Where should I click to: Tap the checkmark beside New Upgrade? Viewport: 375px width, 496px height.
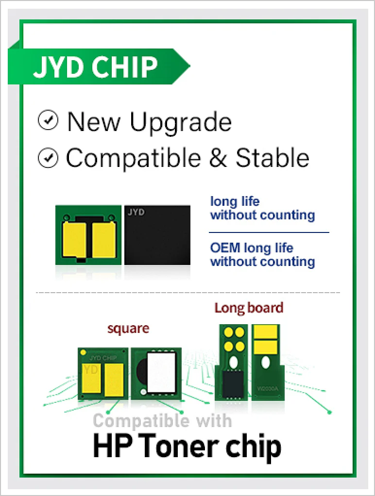[x=48, y=120]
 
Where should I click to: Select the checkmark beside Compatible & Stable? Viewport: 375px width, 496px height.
[x=48, y=158]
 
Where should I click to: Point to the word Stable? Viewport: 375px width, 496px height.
[x=272, y=157]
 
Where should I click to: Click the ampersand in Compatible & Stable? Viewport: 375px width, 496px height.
[x=218, y=158]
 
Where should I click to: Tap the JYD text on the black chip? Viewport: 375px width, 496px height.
[x=136, y=212]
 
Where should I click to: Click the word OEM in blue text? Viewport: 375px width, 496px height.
[x=225, y=248]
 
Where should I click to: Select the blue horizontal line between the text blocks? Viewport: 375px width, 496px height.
[x=269, y=232]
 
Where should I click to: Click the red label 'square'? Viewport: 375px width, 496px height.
[x=128, y=329]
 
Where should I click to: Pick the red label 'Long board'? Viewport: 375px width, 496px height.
[x=249, y=308]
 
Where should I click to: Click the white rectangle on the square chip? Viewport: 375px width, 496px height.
[x=161, y=373]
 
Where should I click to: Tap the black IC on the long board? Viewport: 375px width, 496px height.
[x=233, y=384]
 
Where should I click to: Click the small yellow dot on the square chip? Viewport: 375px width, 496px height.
[x=83, y=352]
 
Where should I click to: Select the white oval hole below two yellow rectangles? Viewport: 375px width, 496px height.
[x=266, y=363]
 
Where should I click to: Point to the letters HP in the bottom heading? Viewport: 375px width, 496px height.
[x=113, y=446]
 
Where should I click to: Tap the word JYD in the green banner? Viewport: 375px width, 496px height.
[x=60, y=67]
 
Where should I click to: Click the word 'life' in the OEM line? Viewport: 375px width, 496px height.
[x=284, y=248]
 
